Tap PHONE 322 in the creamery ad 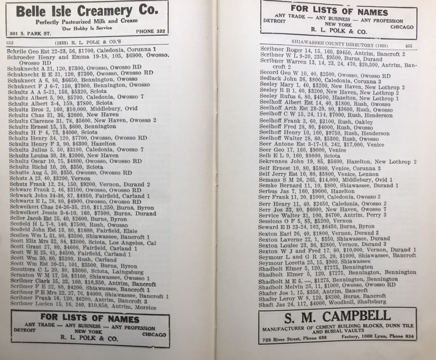tap(150, 31)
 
